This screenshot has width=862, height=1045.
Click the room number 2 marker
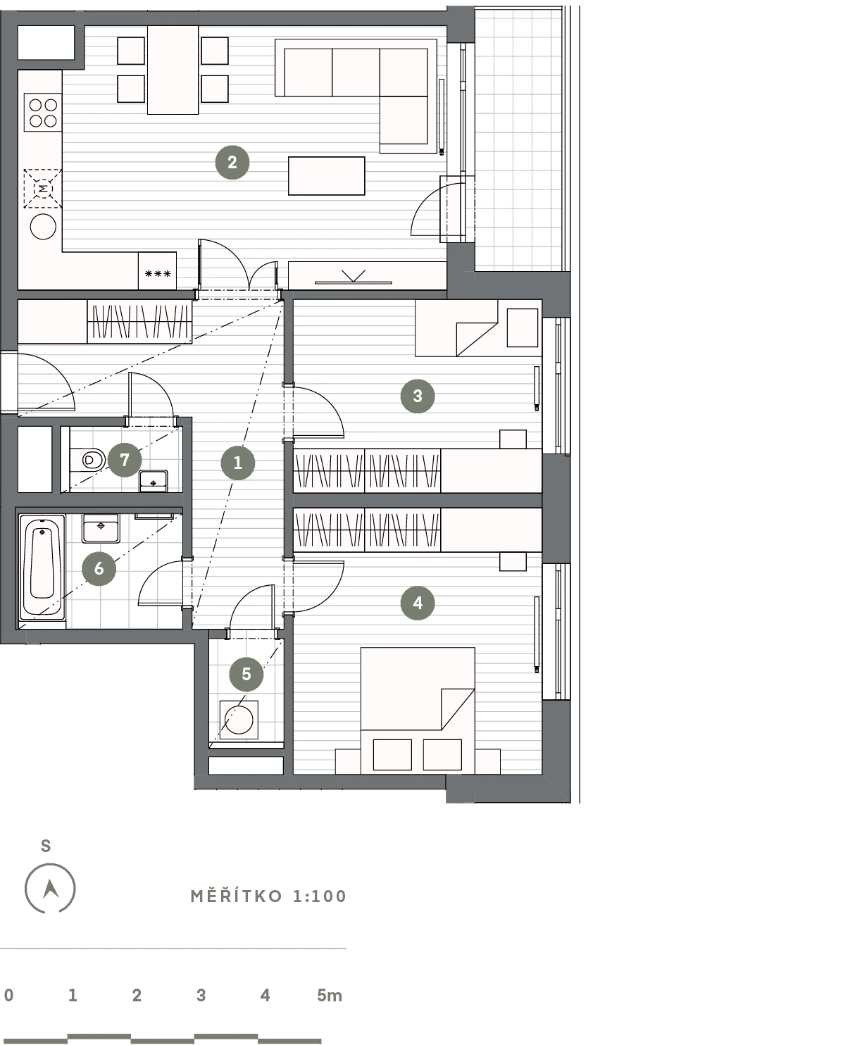[232, 163]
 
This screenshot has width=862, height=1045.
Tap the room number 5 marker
[246, 675]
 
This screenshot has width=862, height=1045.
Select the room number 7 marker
[125, 460]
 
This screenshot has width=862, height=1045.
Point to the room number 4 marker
[418, 603]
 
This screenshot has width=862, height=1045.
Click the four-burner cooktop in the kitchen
[43, 113]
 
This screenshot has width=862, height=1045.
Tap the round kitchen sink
[43, 227]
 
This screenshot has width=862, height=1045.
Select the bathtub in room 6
[42, 567]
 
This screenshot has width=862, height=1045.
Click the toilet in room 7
[87, 459]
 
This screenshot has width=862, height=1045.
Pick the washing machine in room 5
[239, 720]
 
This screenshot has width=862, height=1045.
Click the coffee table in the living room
[326, 175]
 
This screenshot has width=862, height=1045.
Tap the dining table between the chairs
[173, 70]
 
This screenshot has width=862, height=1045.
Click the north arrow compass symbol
[50, 889]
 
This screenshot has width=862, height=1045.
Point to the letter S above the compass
[46, 846]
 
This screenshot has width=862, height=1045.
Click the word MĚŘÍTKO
[237, 896]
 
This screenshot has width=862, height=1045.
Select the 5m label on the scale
[330, 995]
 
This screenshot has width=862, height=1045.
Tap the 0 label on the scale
[8, 995]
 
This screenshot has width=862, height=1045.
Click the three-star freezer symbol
[158, 274]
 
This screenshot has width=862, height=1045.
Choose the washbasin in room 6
[101, 528]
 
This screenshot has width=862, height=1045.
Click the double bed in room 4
[418, 711]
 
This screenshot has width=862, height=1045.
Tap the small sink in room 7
[154, 481]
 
